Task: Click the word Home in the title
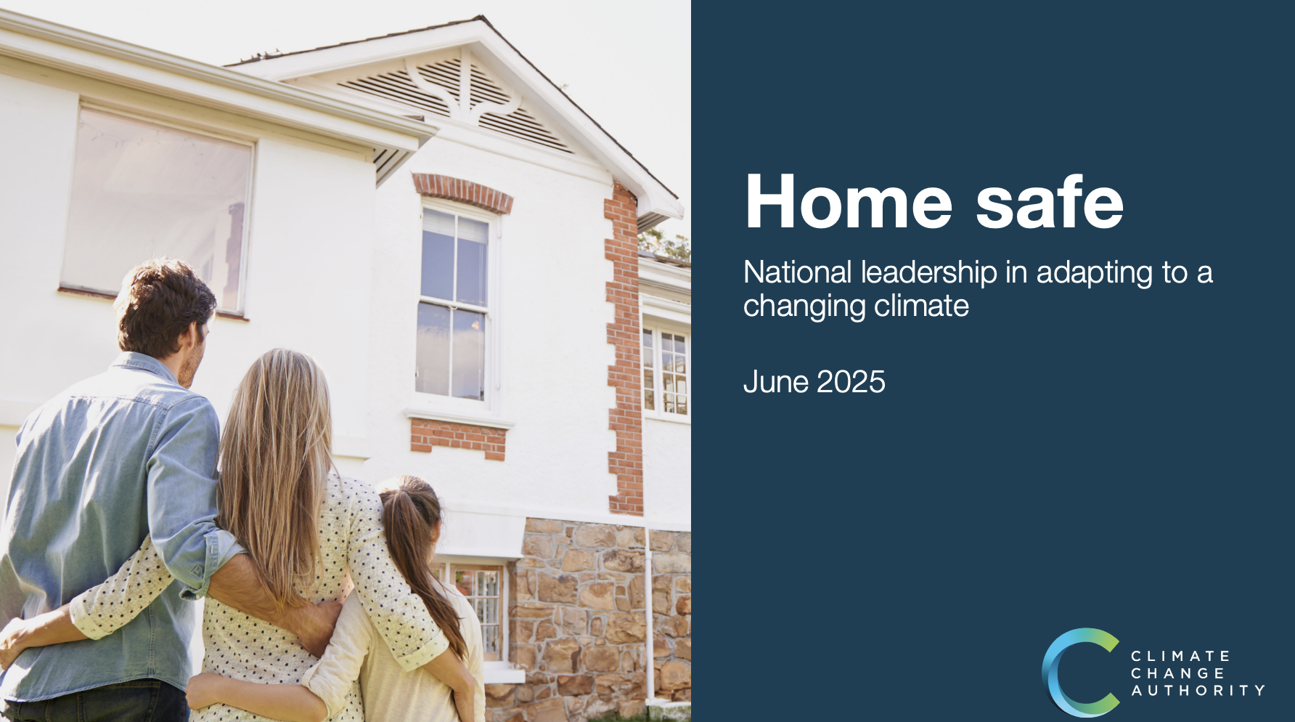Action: [x=848, y=202]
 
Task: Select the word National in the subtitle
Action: [x=797, y=272]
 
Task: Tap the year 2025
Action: [x=851, y=382]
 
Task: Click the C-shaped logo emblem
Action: [x=1079, y=673]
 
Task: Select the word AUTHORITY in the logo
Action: [x=1198, y=691]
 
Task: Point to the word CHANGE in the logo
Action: [x=1178, y=674]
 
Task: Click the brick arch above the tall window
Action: [x=462, y=191]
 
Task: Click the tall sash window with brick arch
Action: [x=455, y=305]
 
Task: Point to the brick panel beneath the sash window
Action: [x=458, y=438]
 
